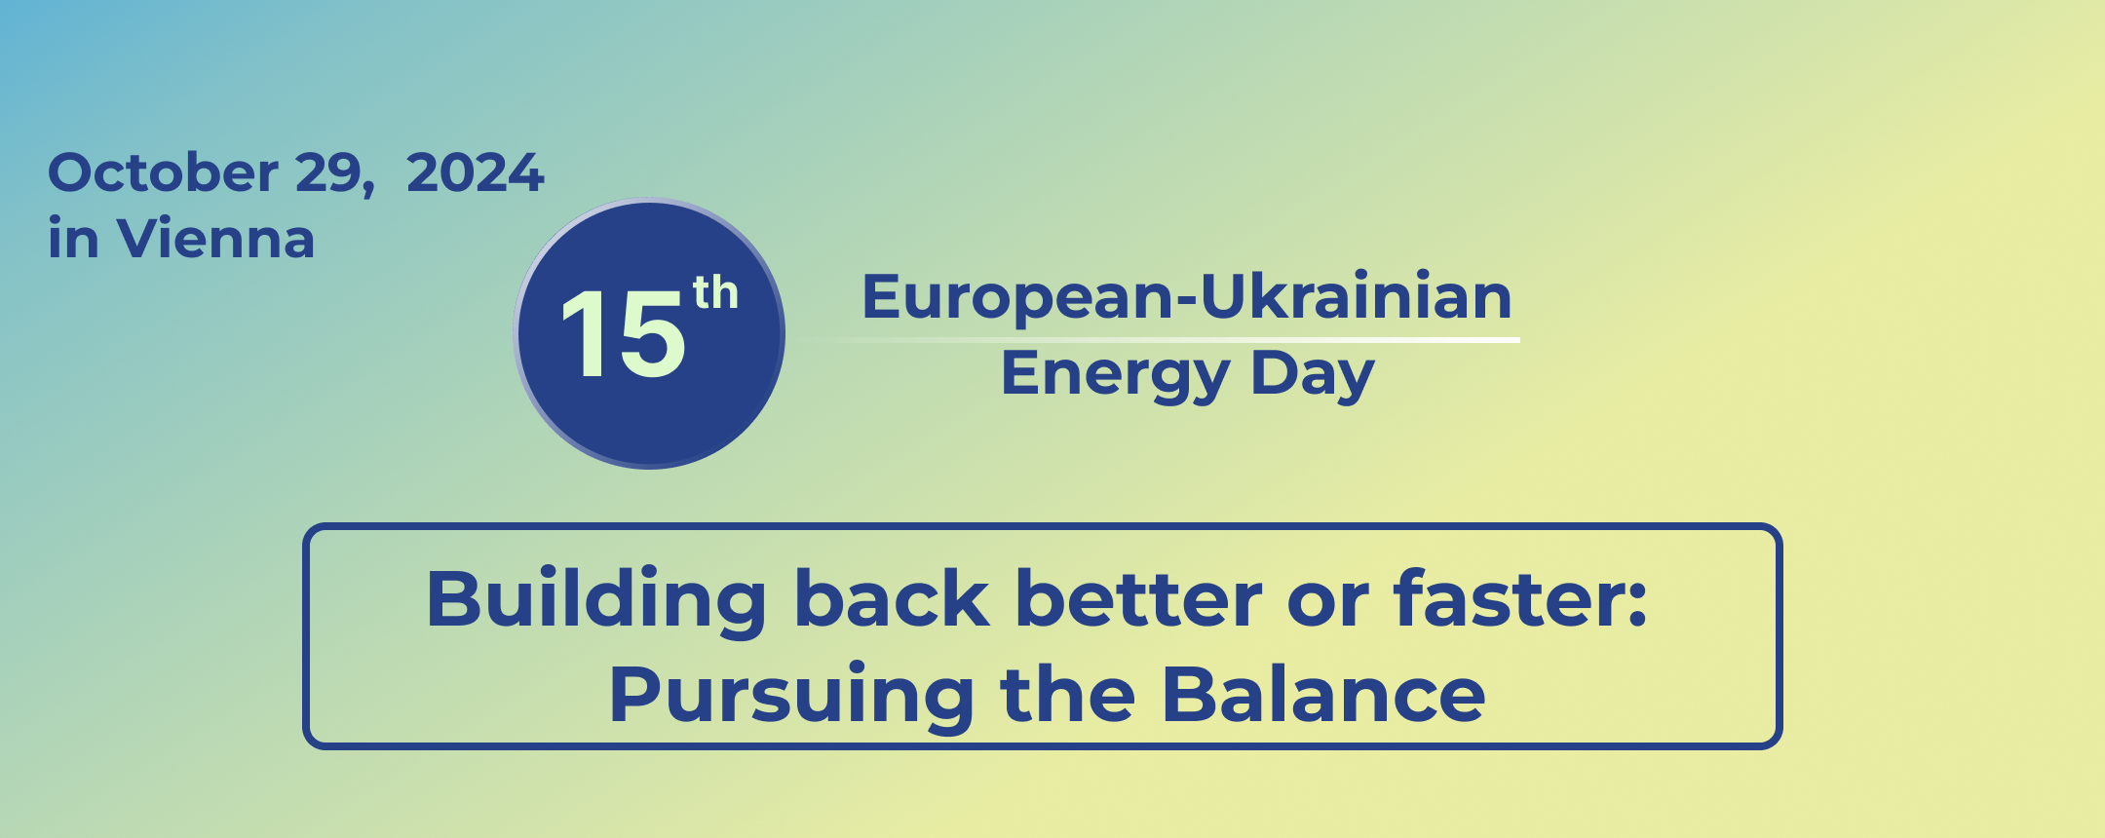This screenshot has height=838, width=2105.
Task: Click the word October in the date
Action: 164,172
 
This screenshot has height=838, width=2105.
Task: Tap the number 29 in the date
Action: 326,173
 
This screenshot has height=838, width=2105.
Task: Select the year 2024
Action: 475,173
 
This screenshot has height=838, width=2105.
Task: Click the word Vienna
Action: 215,239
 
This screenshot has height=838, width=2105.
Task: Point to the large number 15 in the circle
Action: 624,334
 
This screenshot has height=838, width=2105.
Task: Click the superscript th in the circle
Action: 715,292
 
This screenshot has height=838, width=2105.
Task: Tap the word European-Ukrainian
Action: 1187,296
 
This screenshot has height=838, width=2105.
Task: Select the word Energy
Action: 1116,375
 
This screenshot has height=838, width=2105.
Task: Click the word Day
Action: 1313,375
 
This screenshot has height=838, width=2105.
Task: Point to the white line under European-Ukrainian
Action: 1160,339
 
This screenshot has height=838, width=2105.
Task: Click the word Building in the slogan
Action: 596,601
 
